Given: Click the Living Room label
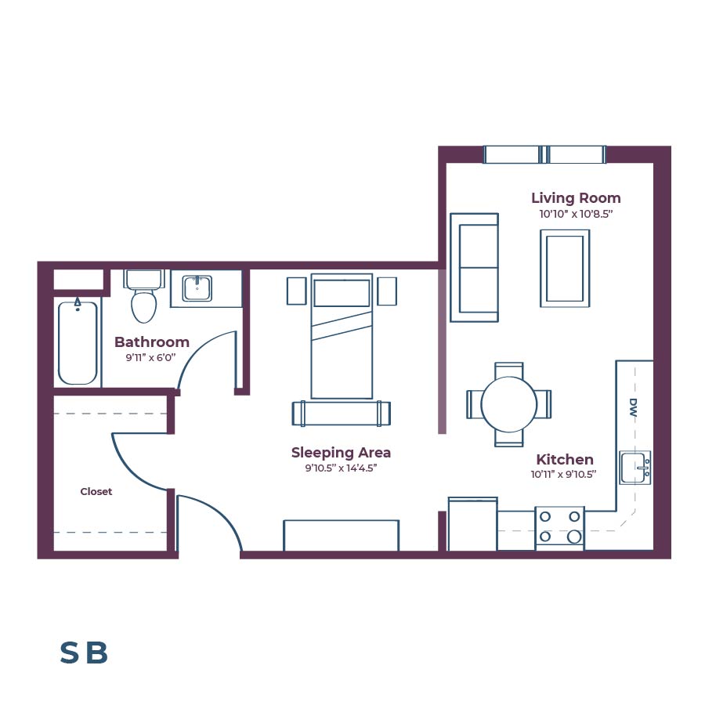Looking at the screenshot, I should (x=576, y=198).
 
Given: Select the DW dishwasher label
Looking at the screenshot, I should (x=633, y=407).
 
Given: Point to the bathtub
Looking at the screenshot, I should (x=78, y=343).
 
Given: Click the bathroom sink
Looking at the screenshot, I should (x=197, y=288).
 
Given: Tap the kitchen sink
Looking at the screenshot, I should (x=634, y=468).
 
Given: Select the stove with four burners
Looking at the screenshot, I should (x=559, y=527).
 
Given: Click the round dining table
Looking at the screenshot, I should (x=508, y=404).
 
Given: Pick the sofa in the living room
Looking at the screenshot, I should (x=474, y=267).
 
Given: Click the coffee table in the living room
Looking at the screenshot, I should (x=564, y=268).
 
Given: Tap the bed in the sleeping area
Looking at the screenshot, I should (x=341, y=337).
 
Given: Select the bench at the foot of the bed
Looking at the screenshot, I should (x=341, y=413).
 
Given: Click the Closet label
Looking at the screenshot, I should (x=96, y=492).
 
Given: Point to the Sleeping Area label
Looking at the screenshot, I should (x=341, y=453).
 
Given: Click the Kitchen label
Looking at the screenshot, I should (x=564, y=460).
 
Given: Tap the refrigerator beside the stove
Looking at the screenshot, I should (x=472, y=524).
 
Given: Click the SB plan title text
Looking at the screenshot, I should (x=84, y=653).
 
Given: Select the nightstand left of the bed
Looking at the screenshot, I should (x=296, y=291).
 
